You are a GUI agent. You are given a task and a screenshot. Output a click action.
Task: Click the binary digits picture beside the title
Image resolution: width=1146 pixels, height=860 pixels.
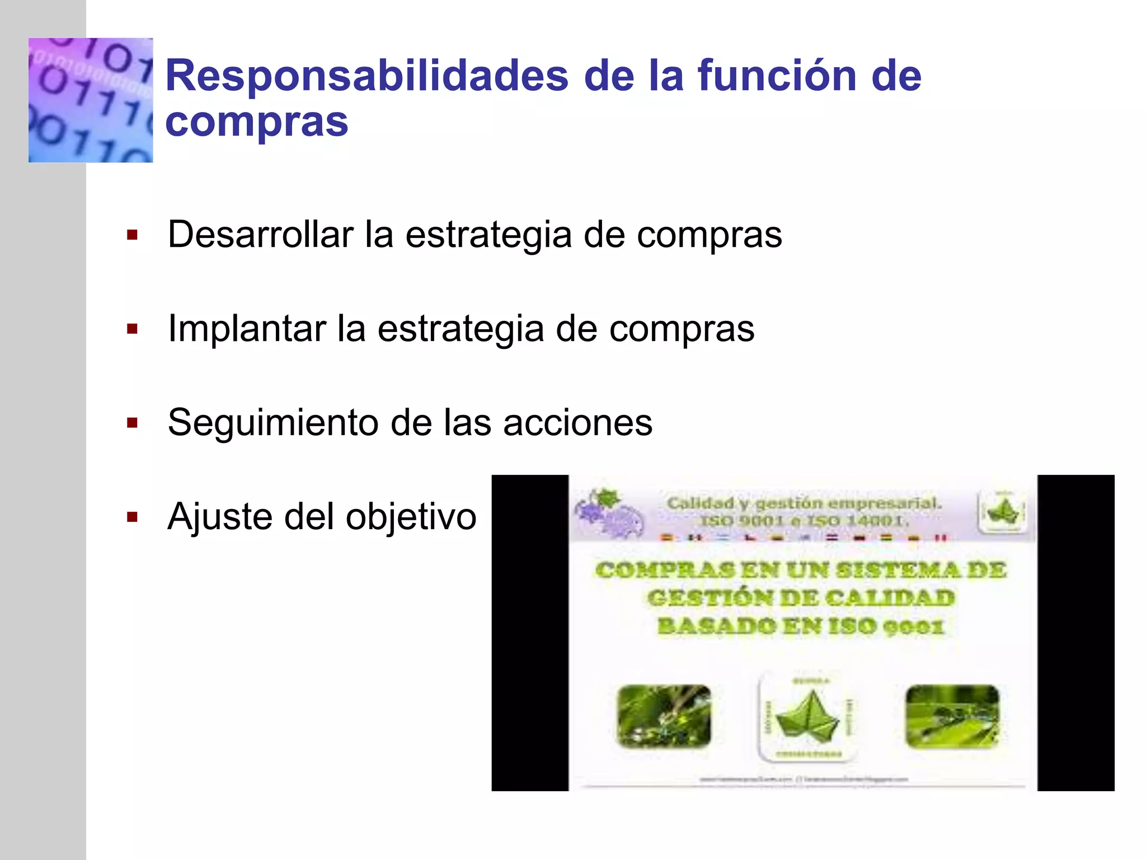coord(91,100)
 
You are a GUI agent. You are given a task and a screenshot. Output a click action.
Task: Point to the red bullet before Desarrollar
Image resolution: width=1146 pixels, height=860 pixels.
coord(132,235)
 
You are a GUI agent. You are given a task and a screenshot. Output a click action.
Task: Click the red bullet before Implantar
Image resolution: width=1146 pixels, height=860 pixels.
coord(132,329)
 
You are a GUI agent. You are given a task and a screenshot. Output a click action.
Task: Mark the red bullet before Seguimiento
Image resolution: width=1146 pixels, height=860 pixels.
coord(132,423)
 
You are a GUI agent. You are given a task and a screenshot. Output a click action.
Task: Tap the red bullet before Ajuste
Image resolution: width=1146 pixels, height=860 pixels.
coord(132,517)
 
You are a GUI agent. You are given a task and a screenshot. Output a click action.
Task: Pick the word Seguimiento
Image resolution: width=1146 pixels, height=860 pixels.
coord(273,422)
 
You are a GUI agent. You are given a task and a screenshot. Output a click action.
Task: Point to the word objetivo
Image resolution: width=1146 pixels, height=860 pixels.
coord(411,516)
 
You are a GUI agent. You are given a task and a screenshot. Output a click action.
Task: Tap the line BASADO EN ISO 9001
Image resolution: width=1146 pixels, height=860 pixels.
coord(801,626)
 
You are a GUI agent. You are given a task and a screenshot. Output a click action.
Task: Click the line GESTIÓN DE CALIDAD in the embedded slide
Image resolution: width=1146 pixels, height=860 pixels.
coord(801,598)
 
